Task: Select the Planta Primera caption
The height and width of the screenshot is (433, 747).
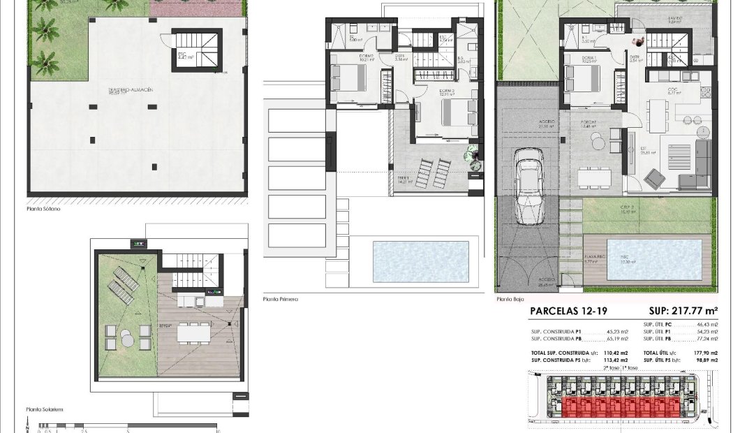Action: [280, 299]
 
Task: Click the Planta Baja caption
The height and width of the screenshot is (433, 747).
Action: [510, 299]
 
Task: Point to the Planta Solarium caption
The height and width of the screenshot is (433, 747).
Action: [45, 410]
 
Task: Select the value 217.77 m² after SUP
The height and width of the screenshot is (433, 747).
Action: [695, 312]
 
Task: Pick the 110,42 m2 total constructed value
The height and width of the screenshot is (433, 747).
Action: [616, 354]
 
